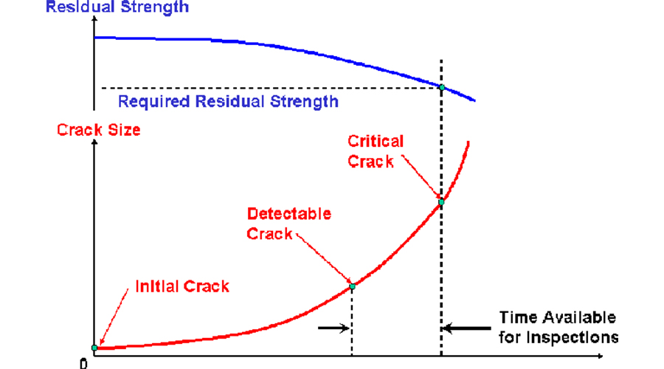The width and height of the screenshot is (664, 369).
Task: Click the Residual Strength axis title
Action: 117,8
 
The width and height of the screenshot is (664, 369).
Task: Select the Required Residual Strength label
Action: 228,101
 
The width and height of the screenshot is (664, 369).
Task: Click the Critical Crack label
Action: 376,151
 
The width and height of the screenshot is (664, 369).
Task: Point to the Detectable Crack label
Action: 289,224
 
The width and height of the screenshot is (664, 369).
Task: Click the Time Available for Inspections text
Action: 558,328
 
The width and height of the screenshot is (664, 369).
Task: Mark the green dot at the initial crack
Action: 94,347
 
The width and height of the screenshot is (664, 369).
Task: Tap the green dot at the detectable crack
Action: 352,286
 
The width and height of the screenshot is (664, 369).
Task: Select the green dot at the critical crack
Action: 441,201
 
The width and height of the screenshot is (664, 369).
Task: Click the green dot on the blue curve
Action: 441,88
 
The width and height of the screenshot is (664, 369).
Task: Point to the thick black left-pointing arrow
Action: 468,328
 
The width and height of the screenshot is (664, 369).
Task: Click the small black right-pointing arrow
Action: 334,328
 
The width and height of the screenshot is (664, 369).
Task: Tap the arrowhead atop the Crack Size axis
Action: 94,142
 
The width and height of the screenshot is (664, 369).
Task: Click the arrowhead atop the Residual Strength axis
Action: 94,20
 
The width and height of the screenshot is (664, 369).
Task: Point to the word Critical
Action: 376,140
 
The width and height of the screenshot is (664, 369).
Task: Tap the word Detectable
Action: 289,215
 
